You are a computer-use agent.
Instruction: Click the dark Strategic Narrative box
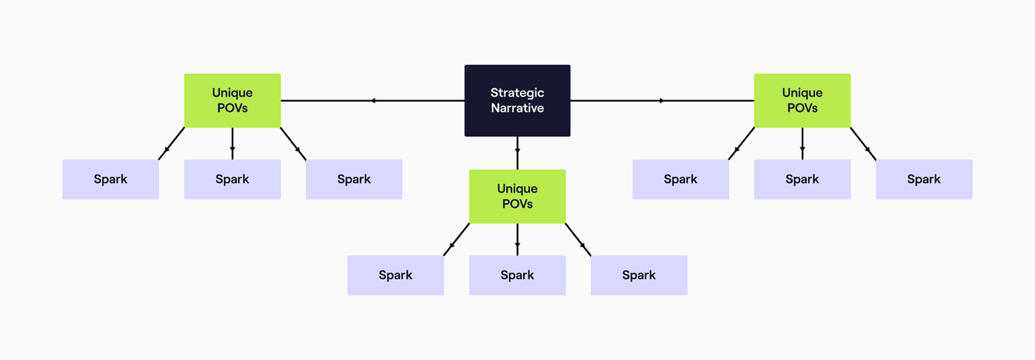[517, 100]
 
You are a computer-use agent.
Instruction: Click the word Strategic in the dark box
[517, 93]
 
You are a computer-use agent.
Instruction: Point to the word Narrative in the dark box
[517, 109]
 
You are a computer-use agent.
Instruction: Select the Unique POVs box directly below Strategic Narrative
[517, 196]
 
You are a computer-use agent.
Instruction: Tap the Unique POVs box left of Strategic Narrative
[232, 100]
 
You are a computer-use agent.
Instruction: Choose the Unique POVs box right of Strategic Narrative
[802, 100]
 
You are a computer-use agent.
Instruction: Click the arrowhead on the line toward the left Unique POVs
[373, 100]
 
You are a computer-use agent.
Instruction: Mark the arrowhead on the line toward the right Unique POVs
[661, 100]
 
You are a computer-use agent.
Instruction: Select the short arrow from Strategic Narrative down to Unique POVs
[517, 150]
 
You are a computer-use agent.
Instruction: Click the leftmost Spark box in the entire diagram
[110, 179]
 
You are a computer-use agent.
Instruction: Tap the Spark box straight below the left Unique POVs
[232, 179]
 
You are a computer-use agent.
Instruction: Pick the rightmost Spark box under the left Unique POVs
[354, 179]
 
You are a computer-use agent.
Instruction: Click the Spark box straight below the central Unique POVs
[517, 275]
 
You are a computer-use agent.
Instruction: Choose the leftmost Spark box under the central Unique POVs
[395, 275]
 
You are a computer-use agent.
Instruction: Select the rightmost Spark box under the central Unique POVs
[639, 275]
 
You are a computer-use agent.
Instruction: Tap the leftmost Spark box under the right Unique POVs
[680, 179]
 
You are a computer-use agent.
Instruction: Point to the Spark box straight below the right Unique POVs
[802, 179]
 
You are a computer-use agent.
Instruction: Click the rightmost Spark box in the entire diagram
[924, 179]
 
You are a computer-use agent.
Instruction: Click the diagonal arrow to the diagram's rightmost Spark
[864, 144]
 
